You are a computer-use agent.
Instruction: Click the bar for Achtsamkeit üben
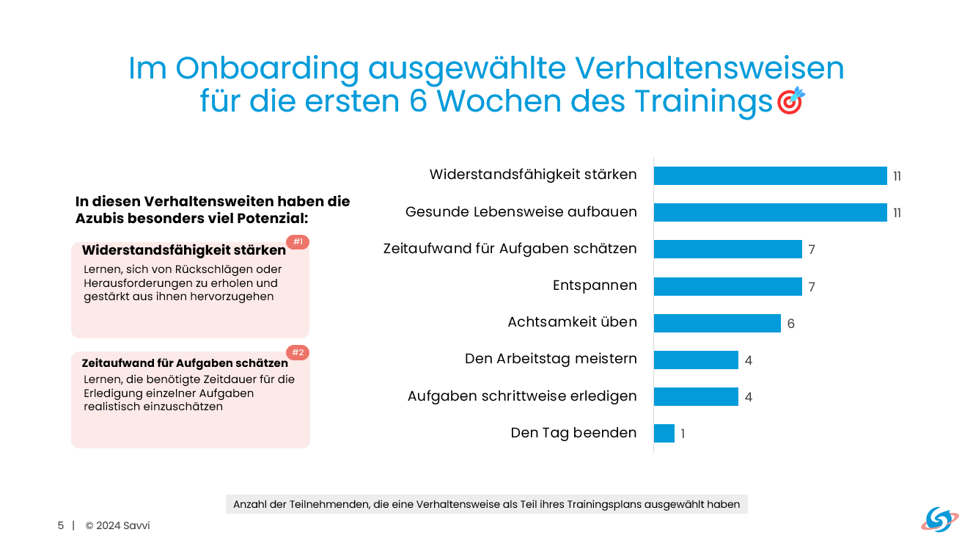click(717, 323)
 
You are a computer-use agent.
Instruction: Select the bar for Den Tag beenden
click(664, 433)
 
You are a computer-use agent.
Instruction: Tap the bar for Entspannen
click(727, 286)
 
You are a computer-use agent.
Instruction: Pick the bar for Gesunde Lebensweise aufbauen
click(770, 212)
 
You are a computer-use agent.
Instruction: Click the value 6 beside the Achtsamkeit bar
click(791, 324)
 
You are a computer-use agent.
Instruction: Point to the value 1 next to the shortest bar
click(683, 434)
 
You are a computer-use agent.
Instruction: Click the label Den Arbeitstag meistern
click(551, 359)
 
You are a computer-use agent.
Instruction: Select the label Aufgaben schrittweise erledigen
click(522, 396)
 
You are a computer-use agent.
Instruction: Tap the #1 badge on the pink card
click(298, 242)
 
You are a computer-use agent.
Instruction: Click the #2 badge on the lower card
click(298, 352)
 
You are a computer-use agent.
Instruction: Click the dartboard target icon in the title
click(790, 101)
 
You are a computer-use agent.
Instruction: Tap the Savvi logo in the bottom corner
click(939, 520)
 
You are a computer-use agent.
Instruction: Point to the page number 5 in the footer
click(61, 525)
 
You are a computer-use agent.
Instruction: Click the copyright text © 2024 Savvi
click(117, 525)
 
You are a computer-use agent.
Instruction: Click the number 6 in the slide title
click(419, 101)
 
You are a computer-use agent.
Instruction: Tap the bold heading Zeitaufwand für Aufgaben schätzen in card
click(185, 363)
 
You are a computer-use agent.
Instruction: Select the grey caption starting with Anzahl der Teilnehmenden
click(486, 504)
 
